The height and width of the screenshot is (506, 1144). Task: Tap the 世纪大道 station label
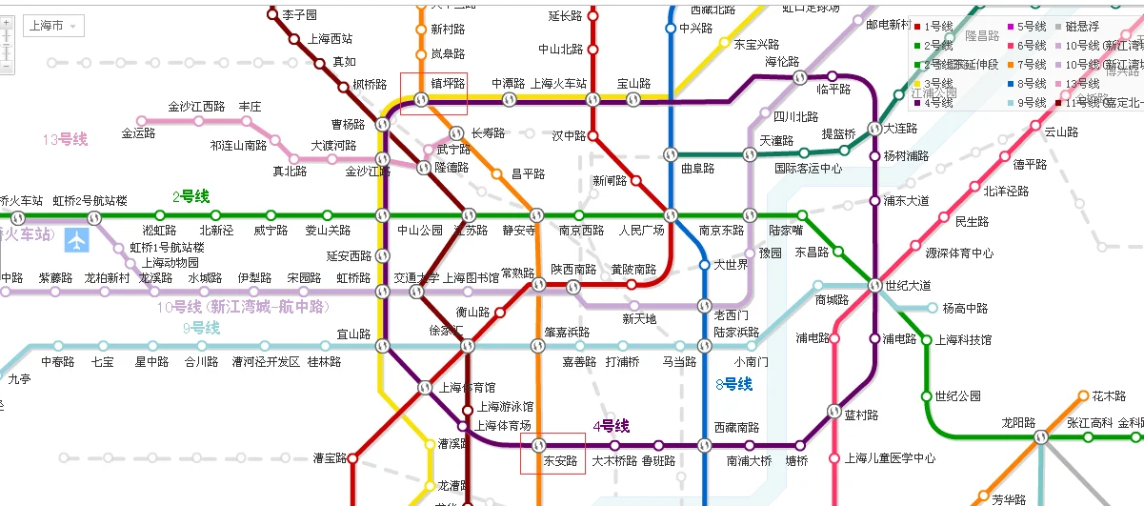907,286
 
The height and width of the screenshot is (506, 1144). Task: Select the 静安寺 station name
519,231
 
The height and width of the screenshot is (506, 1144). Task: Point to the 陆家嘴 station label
786,231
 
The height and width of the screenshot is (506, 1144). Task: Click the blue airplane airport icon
77,240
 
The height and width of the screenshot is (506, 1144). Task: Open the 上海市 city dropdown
53,26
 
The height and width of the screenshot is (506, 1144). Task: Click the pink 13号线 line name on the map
65,140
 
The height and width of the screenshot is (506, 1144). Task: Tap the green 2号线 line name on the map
191,197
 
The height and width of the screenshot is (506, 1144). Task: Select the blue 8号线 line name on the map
733,384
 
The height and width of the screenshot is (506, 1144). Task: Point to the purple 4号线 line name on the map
612,426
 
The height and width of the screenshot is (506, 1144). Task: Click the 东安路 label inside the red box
560,461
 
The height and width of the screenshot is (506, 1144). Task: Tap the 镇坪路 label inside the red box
448,84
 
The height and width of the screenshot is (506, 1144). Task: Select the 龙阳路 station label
1018,422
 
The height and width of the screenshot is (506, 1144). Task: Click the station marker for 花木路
1083,395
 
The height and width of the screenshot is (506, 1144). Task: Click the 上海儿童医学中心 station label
890,458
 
